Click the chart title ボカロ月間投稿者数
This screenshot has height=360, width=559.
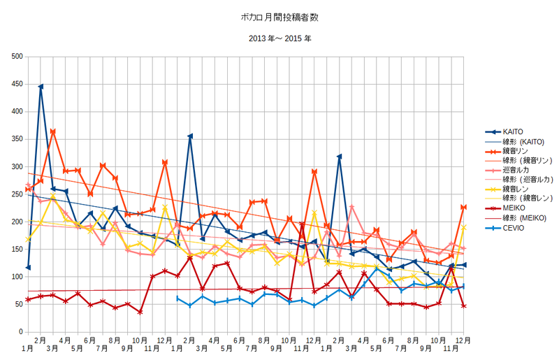tap(279, 17)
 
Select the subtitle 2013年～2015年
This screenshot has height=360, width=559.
tap(280, 38)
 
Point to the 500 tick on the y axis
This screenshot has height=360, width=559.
tap(17, 57)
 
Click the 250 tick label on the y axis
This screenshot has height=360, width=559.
tap(17, 194)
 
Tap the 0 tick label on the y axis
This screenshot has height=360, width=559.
tap(21, 332)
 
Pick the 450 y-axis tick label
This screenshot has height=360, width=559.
tap(17, 84)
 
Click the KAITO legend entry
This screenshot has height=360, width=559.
tap(504, 132)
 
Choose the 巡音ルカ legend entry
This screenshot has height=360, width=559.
tap(507, 170)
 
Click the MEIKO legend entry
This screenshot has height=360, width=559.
tap(504, 208)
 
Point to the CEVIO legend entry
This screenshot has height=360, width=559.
tap(504, 228)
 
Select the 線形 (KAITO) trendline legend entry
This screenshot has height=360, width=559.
tap(514, 142)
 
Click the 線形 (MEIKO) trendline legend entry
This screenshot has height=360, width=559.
tap(516, 218)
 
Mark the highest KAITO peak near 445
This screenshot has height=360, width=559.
tap(41, 87)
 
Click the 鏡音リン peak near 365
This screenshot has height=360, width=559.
tap(53, 131)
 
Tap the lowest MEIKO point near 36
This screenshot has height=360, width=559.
tap(140, 312)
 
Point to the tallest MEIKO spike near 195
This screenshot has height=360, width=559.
tap(302, 224)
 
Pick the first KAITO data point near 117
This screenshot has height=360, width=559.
tap(28, 268)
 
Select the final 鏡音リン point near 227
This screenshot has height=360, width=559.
tap(463, 207)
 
